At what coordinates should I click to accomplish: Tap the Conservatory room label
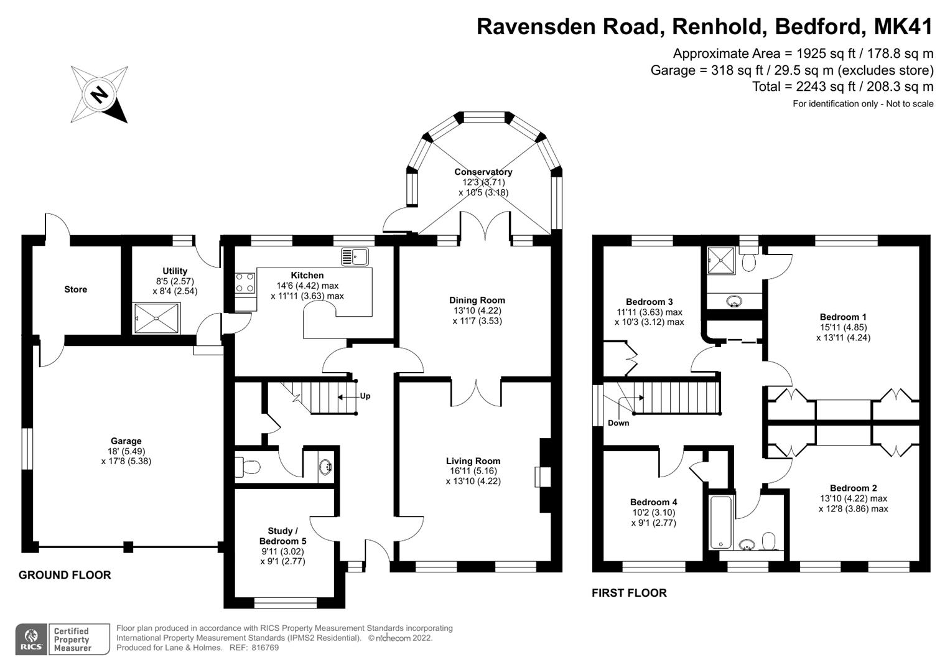483,172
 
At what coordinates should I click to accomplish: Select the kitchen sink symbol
355,256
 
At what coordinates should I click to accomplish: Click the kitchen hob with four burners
245,283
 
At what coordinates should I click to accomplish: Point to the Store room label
75,289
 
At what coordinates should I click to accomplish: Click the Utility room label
175,271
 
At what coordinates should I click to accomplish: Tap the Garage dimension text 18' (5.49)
126,451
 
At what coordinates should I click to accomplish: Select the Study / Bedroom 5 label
282,536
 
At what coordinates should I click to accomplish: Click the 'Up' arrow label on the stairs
365,396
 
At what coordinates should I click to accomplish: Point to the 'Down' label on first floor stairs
618,423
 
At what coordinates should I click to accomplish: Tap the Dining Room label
477,300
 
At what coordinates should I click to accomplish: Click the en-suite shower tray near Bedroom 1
722,261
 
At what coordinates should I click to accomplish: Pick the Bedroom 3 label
649,302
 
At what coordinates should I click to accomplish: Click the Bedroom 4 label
653,502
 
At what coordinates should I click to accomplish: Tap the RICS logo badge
30,639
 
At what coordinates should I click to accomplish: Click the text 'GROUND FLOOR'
65,575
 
